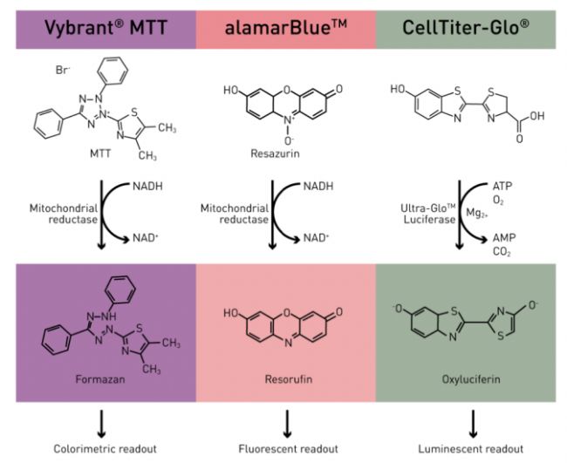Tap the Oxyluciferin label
470,380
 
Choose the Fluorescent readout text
285,449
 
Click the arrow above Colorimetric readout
101,422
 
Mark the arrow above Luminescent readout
473,422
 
